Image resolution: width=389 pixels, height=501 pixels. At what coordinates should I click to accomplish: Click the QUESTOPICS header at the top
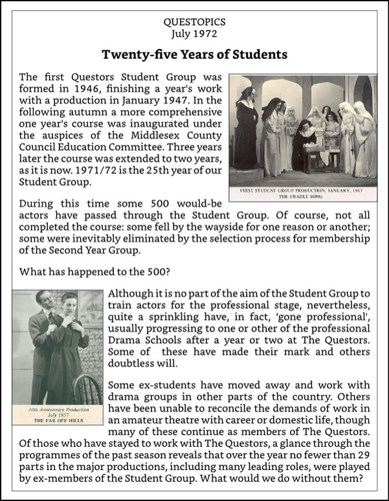click(x=194, y=22)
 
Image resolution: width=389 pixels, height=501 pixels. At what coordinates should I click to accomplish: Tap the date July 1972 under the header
click(x=194, y=33)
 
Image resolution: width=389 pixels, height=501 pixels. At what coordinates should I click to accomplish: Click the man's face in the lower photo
click(x=43, y=302)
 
